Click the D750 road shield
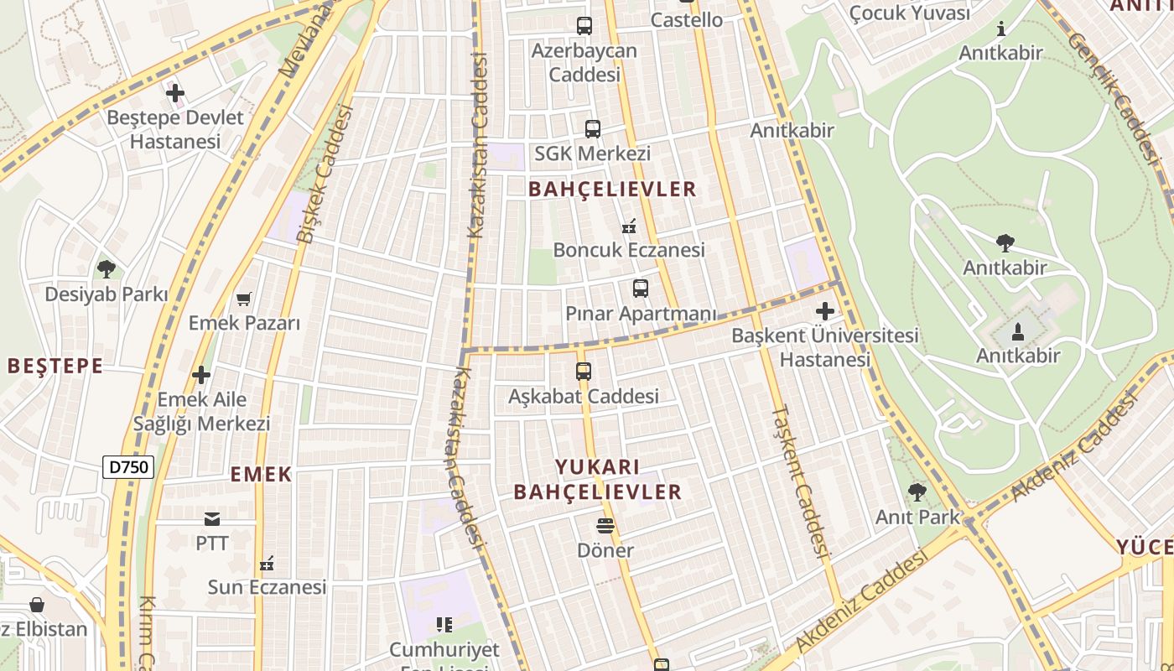coord(129,467)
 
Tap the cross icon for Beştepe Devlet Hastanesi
coord(175,93)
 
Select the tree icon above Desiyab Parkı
coord(106,269)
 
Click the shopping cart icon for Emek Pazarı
coord(244,299)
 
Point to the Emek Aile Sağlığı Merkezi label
coord(201,411)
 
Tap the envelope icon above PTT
coord(211,519)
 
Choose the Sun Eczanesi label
coord(267,586)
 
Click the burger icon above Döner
coord(605,526)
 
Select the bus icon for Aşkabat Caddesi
coord(584,371)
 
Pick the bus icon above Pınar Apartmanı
coord(641,289)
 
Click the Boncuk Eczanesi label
coord(629,250)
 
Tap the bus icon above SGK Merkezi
coord(593,129)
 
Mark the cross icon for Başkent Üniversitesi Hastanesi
coord(825,311)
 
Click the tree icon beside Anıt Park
coord(917,492)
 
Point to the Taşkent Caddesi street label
coord(800,482)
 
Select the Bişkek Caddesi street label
coord(325,174)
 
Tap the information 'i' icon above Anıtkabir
coord(1000,29)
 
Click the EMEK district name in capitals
coord(261,475)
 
